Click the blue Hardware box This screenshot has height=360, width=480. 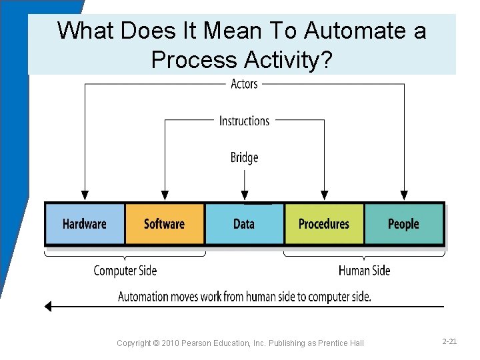pyautogui.click(x=85, y=224)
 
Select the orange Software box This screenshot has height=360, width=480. pyautogui.click(x=165, y=224)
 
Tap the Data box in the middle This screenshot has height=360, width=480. pyautogui.click(x=244, y=224)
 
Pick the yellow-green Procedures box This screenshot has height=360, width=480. pyautogui.click(x=324, y=224)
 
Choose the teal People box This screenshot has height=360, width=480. pyautogui.click(x=403, y=224)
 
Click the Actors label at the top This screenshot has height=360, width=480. pyautogui.click(x=244, y=84)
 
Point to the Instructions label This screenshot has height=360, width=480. pyautogui.click(x=244, y=121)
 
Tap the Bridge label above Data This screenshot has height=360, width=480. pyautogui.click(x=244, y=157)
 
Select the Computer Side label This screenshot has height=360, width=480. pyautogui.click(x=125, y=271)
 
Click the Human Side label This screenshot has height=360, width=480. pyautogui.click(x=364, y=271)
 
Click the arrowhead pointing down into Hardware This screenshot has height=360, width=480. pyautogui.click(x=85, y=196)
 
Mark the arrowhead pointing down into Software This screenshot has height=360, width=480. pyautogui.click(x=165, y=196)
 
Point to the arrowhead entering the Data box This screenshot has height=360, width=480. pyautogui.click(x=245, y=196)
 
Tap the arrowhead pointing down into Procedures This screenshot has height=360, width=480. pyautogui.click(x=324, y=196)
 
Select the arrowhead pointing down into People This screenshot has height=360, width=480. pyautogui.click(x=404, y=196)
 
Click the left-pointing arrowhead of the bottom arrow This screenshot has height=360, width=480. pyautogui.click(x=47, y=307)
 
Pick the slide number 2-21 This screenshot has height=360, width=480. pyautogui.click(x=449, y=341)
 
